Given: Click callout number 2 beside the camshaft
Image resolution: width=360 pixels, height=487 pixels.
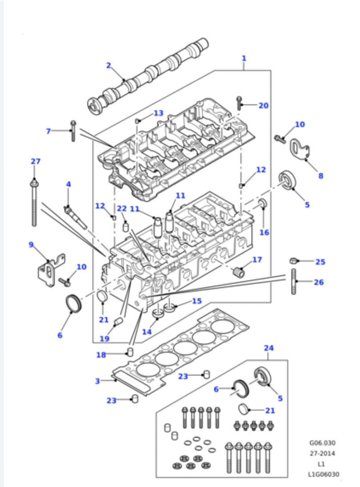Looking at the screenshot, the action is coord(108,65).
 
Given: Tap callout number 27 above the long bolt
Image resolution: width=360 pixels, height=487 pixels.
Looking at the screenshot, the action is coord(36,161).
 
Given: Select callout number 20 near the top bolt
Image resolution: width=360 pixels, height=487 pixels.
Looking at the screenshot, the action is coord(264,106).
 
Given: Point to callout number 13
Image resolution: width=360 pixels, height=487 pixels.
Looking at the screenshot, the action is coord(158,113).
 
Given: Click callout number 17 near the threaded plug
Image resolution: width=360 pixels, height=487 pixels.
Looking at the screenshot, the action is coord(257,259).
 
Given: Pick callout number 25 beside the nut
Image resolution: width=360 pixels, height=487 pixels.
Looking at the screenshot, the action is coord(320,262).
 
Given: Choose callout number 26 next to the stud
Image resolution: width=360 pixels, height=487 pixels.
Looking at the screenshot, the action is coord(319,282).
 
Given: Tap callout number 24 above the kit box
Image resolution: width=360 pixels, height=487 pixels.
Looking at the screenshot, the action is coord(269,348).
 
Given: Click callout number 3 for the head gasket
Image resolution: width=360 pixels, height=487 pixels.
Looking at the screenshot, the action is coord(97,381).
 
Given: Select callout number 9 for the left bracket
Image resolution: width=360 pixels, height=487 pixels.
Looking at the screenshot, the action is coord(31,245).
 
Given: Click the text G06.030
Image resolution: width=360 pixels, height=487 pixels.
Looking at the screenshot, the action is coord(322,443).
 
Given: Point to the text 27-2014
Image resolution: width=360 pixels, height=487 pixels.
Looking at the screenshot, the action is coord(322,454).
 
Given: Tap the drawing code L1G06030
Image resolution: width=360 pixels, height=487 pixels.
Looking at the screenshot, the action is coord(324,474).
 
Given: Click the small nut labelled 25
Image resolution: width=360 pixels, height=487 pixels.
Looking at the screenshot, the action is coord(292,260).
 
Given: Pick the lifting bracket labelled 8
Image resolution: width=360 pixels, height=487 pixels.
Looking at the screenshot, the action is coord(300,150).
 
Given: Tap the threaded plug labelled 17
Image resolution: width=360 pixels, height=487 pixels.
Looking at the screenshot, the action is coord(239,272).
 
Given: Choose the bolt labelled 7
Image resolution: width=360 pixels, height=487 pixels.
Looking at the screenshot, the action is coord(73,131).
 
